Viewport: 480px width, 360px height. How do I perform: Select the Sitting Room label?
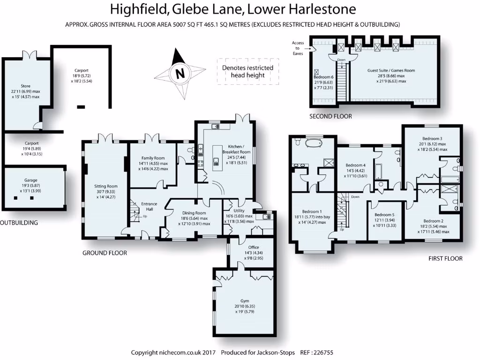coord(105,186)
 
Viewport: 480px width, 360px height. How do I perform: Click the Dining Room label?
coord(193,213)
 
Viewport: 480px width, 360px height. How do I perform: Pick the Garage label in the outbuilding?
coord(31,180)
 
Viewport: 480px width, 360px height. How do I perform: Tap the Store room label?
coord(25,86)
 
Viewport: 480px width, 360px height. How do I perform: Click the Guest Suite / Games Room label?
coord(390,70)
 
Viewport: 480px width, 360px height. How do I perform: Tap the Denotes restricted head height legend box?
coord(247,71)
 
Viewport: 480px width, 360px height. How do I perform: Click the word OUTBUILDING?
coord(19,223)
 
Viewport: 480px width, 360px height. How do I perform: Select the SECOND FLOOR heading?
coord(330,116)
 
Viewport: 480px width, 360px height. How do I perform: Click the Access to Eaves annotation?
coord(298,48)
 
